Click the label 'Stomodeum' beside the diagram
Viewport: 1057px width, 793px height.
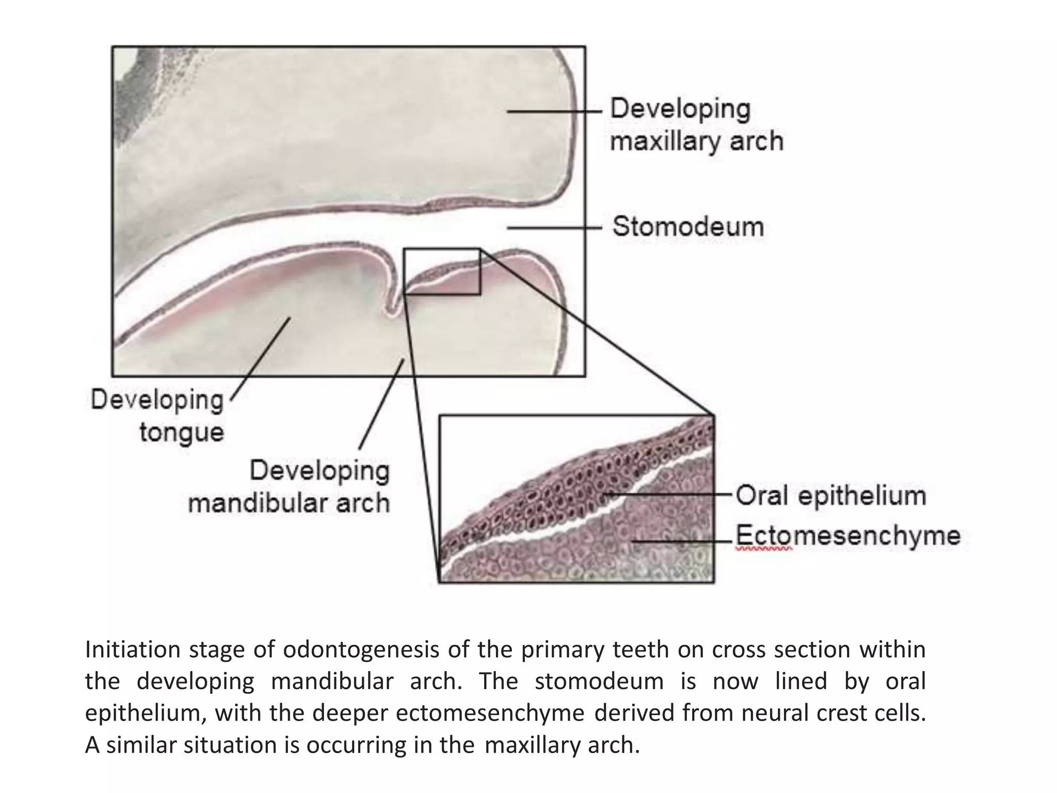[688, 227]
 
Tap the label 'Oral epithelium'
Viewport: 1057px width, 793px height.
[830, 496]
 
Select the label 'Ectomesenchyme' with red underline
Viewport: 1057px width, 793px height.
[847, 535]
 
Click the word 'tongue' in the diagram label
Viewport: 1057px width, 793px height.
[182, 432]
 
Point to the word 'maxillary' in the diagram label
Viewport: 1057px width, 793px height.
[666, 141]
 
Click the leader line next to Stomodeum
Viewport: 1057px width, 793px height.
[554, 227]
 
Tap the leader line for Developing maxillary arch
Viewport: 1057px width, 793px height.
[554, 111]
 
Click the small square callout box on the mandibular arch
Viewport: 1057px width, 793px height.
[442, 272]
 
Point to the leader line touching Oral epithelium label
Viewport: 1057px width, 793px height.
[671, 494]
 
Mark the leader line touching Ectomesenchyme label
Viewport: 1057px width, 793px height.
[681, 542]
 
